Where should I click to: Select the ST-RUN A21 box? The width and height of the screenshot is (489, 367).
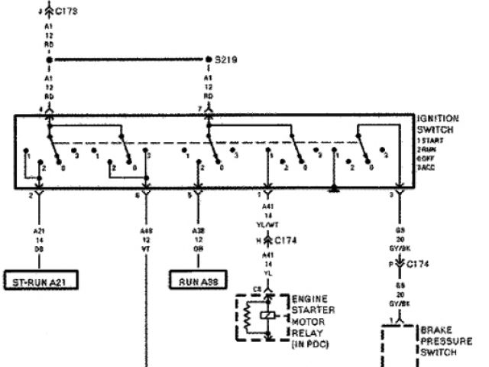(x=42, y=280)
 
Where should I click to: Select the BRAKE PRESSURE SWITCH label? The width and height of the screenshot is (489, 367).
(x=446, y=341)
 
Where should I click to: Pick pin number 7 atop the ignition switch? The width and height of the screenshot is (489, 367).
(x=200, y=109)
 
